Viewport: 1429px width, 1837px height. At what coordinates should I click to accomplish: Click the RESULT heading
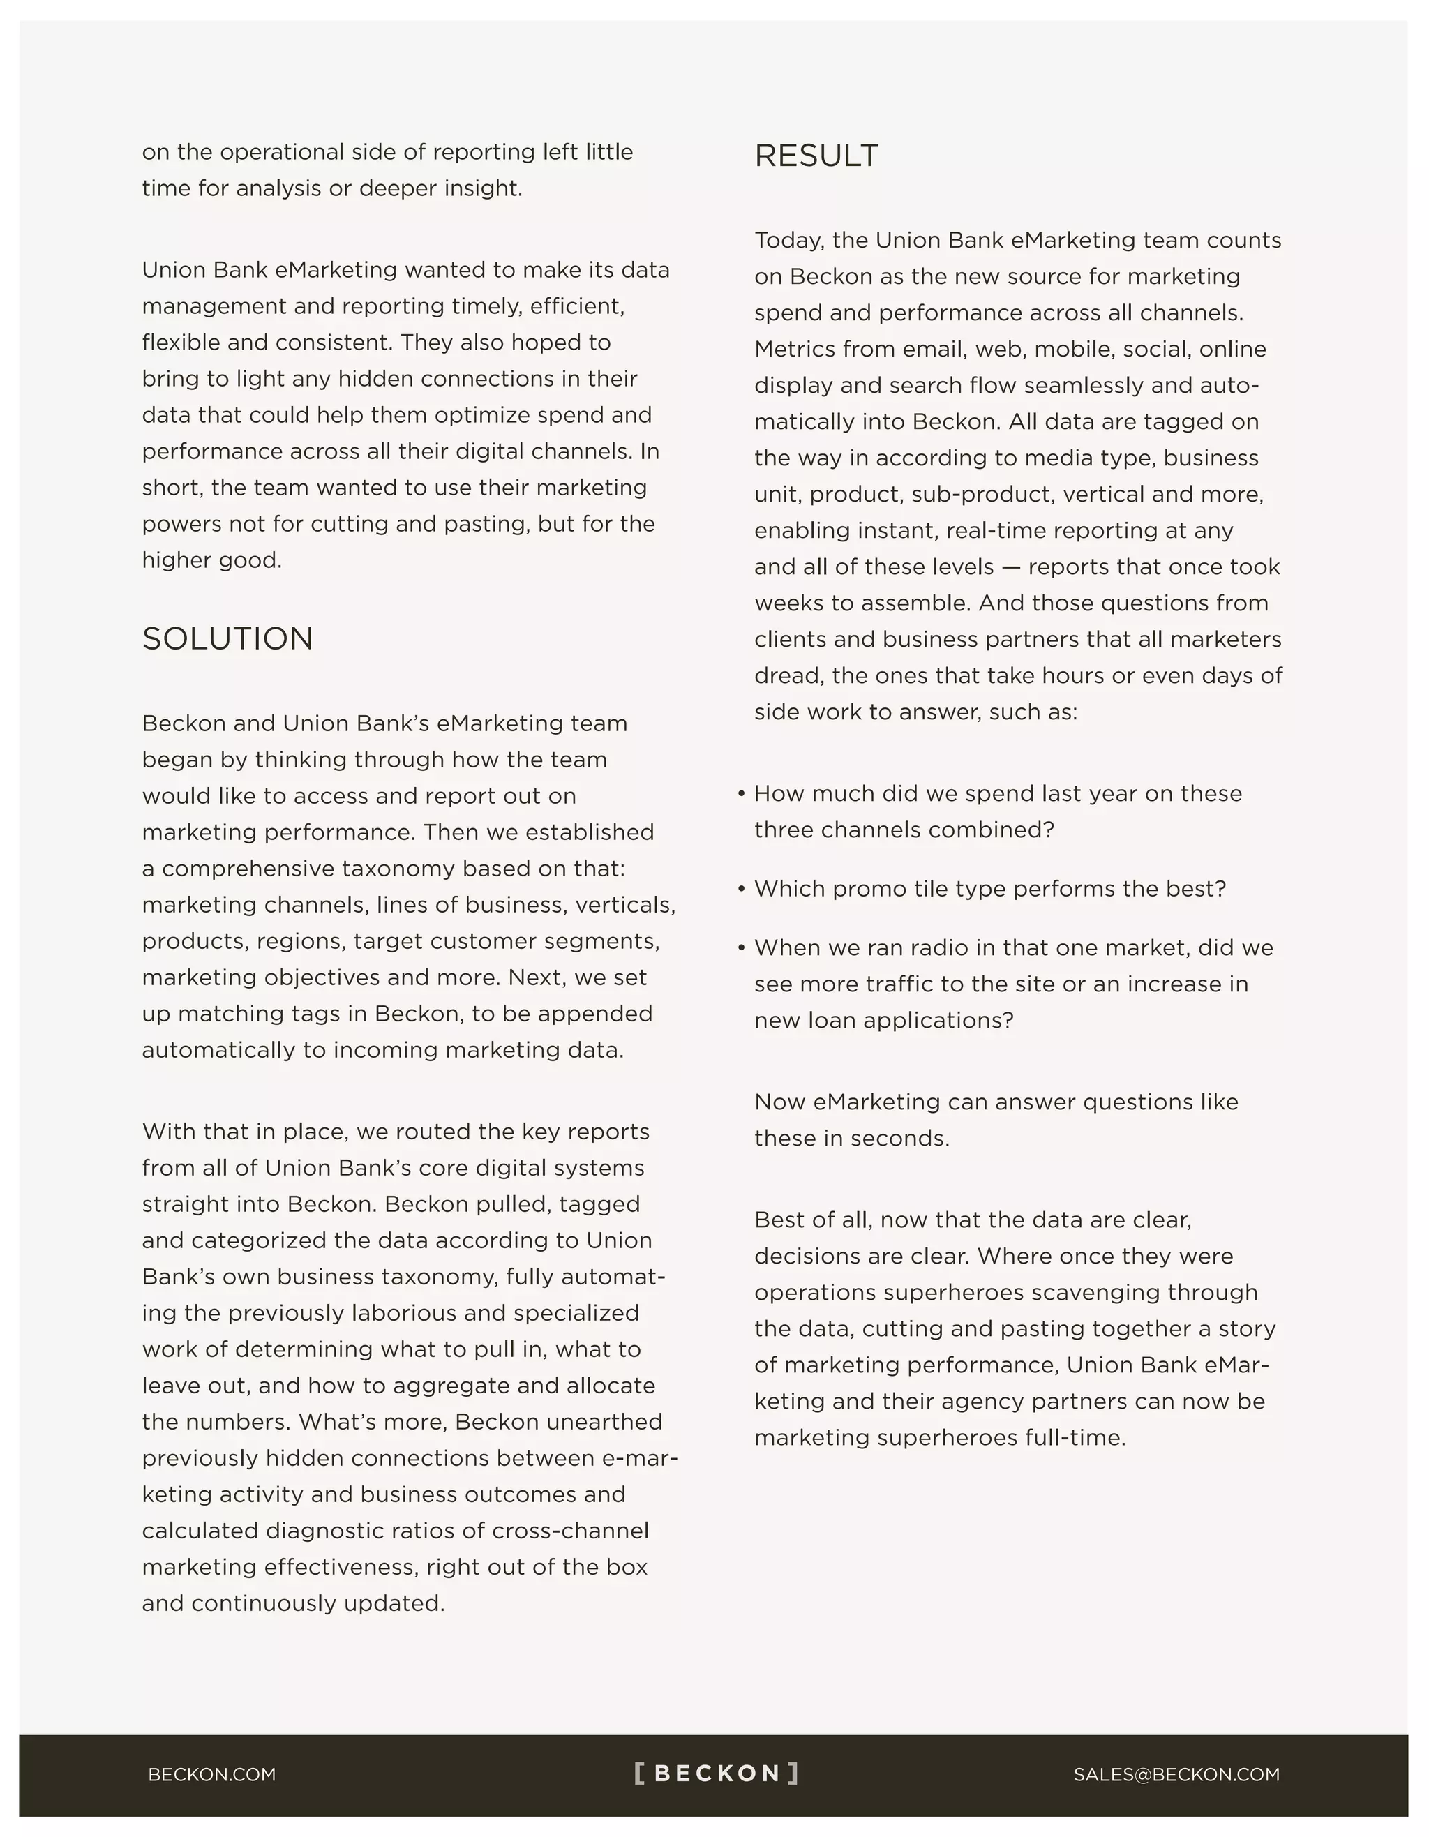tap(816, 156)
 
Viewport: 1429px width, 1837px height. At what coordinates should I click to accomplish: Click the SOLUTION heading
tap(227, 638)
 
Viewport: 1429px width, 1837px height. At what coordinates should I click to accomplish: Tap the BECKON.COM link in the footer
tap(212, 1774)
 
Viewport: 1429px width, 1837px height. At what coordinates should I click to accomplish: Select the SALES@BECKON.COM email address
tap(1176, 1774)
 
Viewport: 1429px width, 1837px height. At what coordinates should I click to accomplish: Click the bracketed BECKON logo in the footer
tap(716, 1773)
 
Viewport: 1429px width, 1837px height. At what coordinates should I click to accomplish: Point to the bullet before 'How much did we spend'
tap(741, 794)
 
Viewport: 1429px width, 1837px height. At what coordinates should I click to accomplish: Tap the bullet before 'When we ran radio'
tap(741, 948)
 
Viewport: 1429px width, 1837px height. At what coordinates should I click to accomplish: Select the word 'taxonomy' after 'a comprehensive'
tap(400, 868)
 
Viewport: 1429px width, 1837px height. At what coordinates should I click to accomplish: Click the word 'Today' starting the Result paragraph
tap(788, 241)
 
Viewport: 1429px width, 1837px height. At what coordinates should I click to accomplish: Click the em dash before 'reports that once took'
tap(1011, 567)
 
